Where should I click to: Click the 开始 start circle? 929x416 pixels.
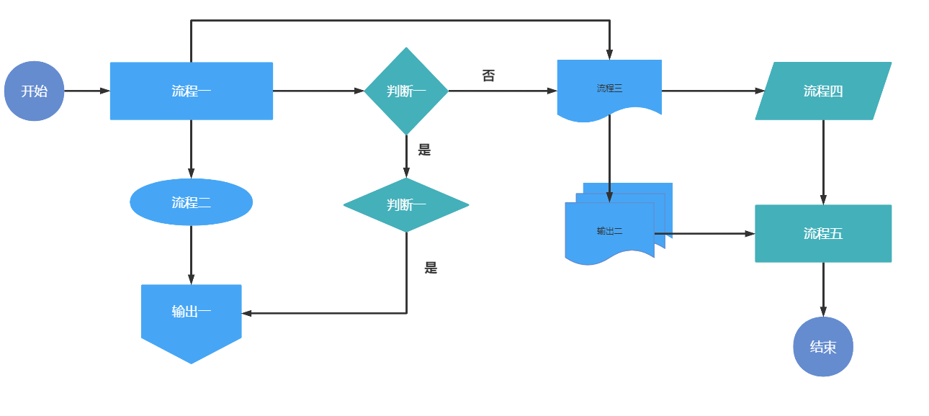(34, 91)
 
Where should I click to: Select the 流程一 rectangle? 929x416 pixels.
(191, 91)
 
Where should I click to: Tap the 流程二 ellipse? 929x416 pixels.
(191, 202)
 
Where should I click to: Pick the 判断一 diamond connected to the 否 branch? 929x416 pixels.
(406, 91)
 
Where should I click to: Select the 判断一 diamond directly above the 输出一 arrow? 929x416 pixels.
(406, 205)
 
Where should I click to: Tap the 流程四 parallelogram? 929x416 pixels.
(823, 91)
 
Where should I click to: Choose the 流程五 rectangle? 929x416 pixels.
(823, 234)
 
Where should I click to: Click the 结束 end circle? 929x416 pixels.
(823, 347)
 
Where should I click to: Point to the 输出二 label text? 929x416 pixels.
(610, 231)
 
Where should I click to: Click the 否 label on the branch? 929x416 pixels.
(488, 76)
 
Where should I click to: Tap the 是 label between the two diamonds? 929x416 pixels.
(424, 150)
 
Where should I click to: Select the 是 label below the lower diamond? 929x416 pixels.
(431, 268)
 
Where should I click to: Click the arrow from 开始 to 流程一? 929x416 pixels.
(87, 91)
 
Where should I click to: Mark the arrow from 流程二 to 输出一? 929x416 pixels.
(191, 256)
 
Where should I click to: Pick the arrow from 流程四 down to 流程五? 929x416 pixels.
(823, 163)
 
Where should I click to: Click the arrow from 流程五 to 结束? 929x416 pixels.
(823, 290)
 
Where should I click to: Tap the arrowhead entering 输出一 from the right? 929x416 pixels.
(246, 314)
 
